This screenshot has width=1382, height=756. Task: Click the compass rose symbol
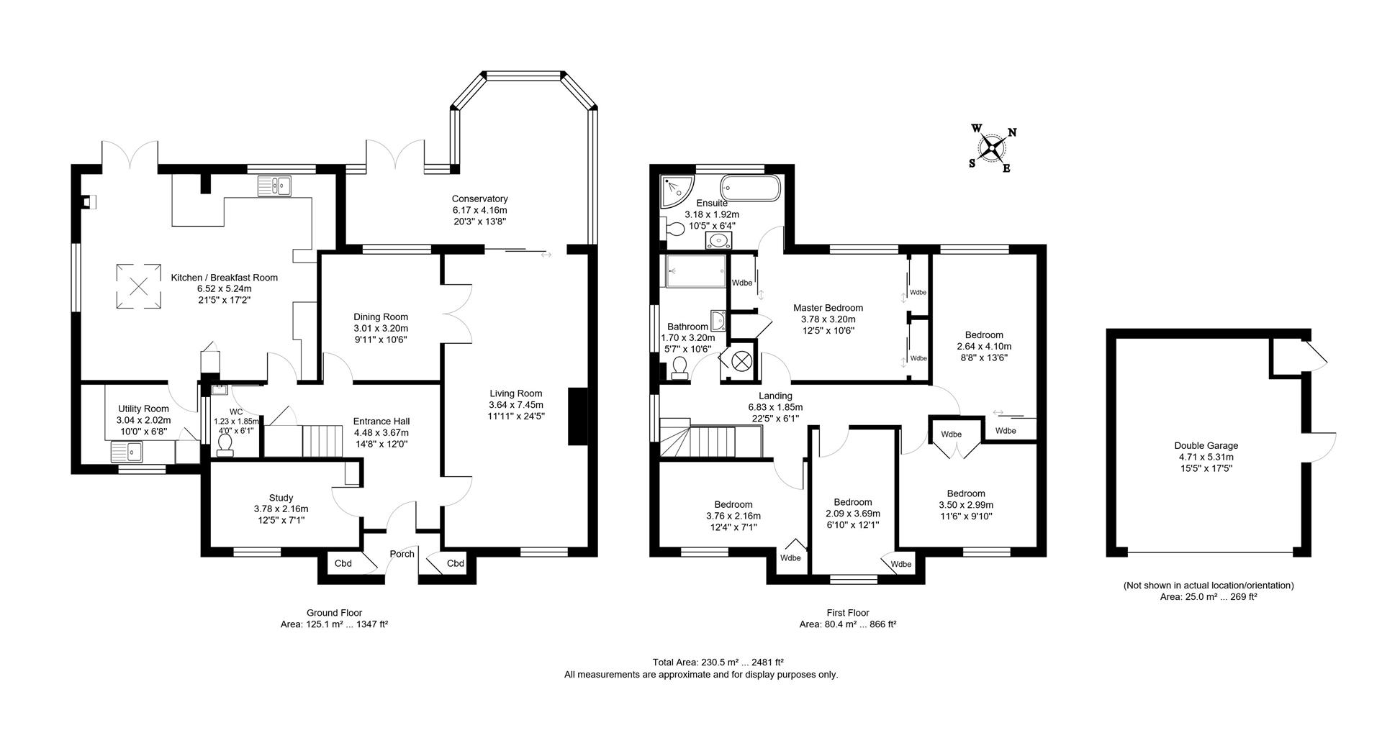[993, 149]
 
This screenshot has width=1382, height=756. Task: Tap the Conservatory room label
[480, 199]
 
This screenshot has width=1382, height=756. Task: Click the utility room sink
[128, 452]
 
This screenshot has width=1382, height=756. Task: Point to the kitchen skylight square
[139, 287]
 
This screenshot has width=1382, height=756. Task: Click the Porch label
[402, 554]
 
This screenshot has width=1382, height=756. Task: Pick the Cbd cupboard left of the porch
[343, 563]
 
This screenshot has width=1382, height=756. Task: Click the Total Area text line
[718, 662]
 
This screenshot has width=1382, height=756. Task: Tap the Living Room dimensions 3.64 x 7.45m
[515, 405]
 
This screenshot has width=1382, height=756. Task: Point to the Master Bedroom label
[828, 308]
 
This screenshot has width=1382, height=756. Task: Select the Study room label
[281, 498]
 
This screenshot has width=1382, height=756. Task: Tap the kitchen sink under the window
[274, 187]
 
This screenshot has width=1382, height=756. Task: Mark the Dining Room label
[381, 316]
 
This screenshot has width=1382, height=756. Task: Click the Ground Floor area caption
[334, 619]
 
